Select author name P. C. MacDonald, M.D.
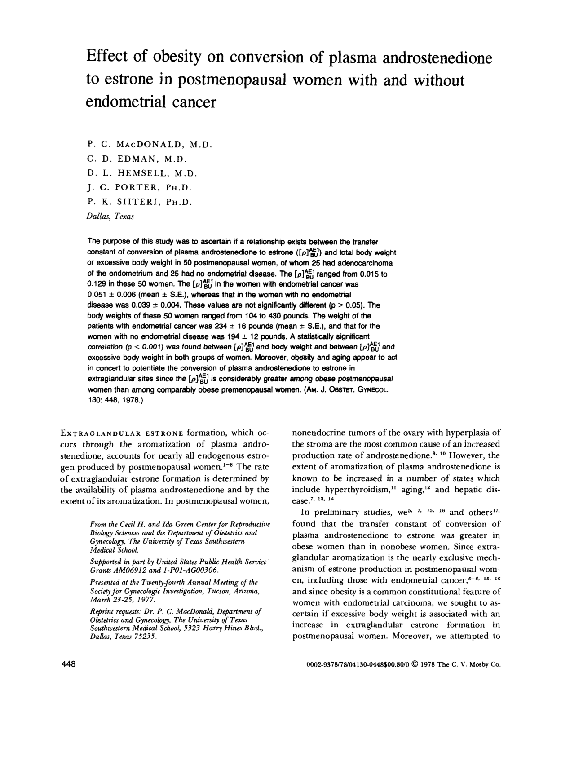149,145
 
